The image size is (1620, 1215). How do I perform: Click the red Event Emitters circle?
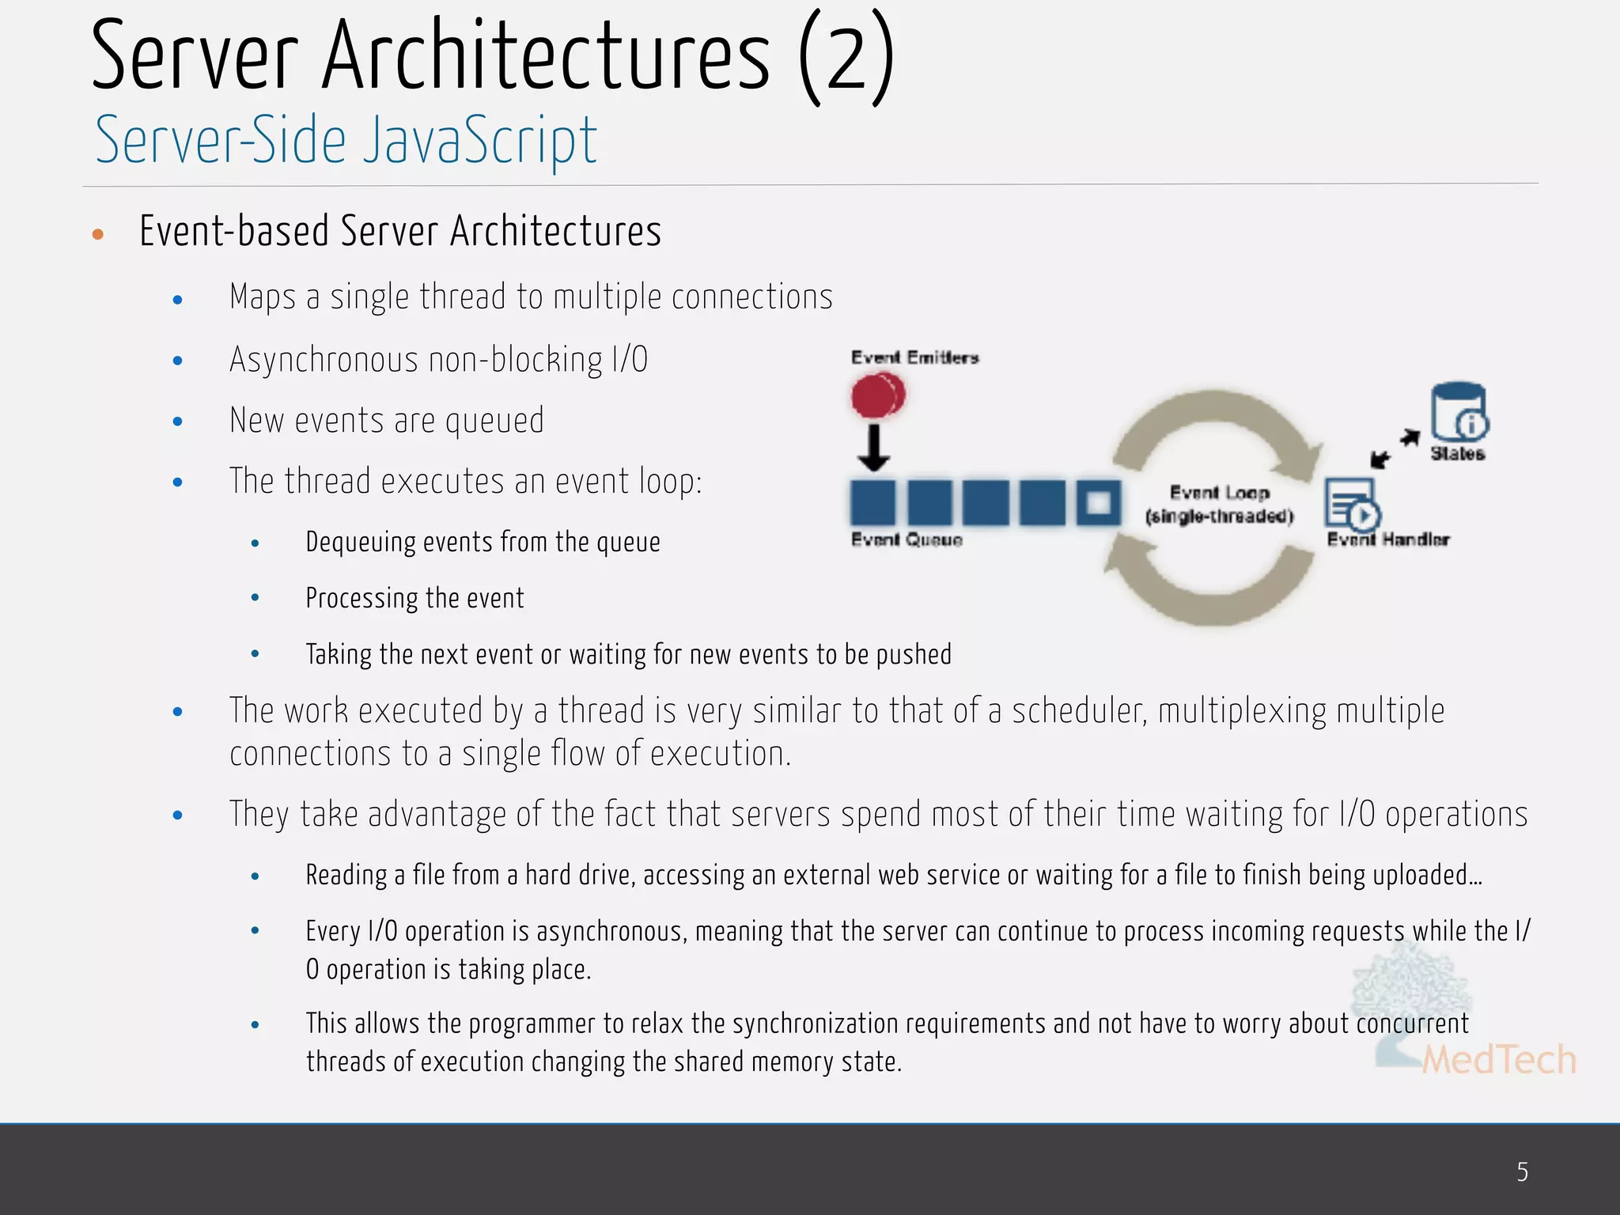[877, 395]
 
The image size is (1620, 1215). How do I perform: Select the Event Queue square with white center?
[1099, 503]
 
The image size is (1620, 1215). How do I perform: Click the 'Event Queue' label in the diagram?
[907, 539]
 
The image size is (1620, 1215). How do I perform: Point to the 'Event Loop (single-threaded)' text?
[1219, 505]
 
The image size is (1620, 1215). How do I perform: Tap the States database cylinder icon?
[1459, 411]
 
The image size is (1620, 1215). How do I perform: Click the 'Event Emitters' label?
[914, 358]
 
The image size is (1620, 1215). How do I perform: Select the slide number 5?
[1522, 1171]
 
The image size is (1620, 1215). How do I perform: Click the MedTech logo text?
[1498, 1060]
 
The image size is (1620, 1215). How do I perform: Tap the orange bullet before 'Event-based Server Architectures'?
[98, 234]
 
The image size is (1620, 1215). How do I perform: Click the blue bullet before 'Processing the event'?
[255, 598]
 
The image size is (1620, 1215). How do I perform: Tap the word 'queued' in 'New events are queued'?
[494, 421]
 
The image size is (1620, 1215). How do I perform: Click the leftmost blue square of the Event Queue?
[872, 503]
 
